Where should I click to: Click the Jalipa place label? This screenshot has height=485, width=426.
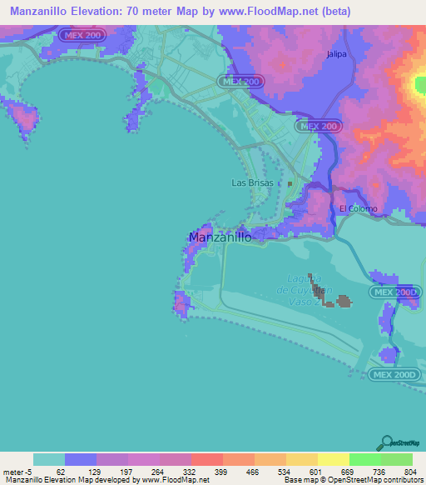pyautogui.click(x=336, y=54)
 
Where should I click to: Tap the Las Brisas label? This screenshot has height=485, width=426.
pyautogui.click(x=251, y=183)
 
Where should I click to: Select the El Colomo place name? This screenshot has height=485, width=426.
pyautogui.click(x=358, y=208)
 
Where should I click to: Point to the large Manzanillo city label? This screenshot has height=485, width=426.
pyautogui.click(x=220, y=237)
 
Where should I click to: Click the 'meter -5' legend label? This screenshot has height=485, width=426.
pyautogui.click(x=17, y=471)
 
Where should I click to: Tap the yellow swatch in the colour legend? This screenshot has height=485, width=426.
pyautogui.click(x=333, y=459)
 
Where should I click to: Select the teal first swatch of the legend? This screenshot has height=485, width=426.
pyautogui.click(x=49, y=459)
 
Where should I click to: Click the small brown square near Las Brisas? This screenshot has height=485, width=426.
pyautogui.click(x=290, y=183)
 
